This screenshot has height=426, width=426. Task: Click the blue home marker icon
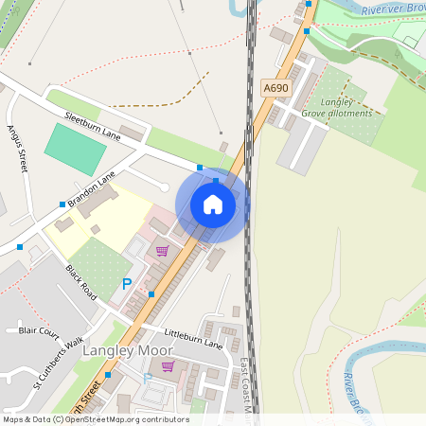click(x=212, y=204)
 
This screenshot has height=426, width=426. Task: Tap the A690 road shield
click(x=275, y=88)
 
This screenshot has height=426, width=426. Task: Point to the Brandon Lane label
click(x=90, y=189)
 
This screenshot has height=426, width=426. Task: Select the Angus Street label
click(x=19, y=150)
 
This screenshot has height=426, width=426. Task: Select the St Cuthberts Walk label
click(x=60, y=364)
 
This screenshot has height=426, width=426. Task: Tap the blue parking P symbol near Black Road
click(x=127, y=283)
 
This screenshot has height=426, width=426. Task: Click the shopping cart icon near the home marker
click(x=162, y=251)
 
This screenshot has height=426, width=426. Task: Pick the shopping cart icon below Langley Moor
click(x=168, y=366)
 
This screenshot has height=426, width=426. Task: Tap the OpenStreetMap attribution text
click(x=96, y=419)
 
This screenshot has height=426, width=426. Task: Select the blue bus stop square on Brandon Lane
click(x=62, y=204)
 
